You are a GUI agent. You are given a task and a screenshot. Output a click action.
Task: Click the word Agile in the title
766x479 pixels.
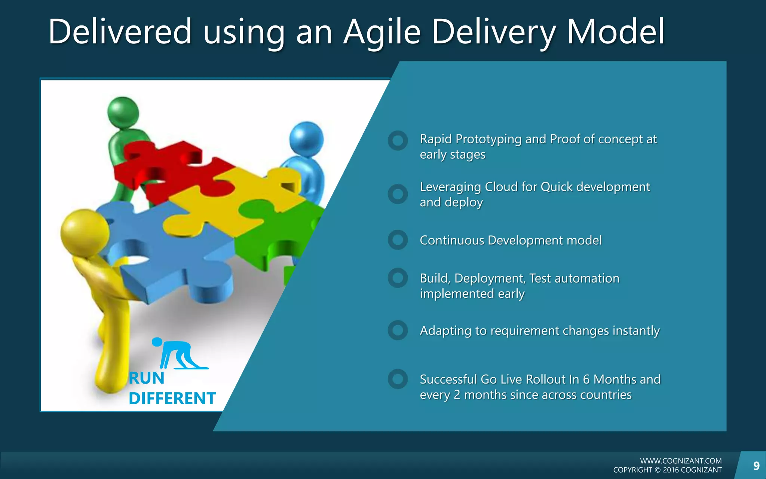(382, 33)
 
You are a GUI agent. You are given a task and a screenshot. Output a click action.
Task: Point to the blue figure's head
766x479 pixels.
(306, 139)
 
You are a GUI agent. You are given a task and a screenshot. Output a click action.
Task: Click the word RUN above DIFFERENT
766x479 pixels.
(147, 378)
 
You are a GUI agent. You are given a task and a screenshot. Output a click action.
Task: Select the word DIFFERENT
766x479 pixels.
(172, 399)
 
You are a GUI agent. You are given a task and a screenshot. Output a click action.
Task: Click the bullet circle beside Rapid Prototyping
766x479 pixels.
(398, 141)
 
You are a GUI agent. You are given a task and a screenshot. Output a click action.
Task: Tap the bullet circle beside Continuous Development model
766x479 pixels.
(398, 240)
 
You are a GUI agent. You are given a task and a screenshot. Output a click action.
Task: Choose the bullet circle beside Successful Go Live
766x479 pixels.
(398, 379)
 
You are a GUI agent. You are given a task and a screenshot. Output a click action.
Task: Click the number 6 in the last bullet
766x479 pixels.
(586, 379)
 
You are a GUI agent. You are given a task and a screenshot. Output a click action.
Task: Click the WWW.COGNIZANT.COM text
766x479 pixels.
(681, 461)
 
